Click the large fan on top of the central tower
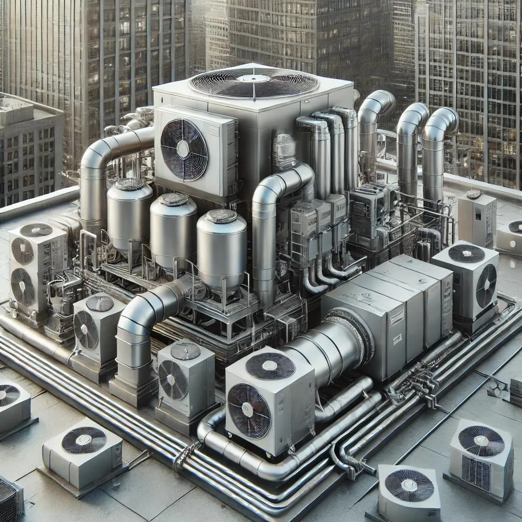point(253,83)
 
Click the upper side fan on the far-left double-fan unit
point(22,251)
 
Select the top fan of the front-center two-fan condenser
point(270,366)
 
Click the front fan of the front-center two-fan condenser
point(249,410)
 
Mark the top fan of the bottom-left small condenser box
point(84,440)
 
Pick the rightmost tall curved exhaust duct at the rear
point(437,153)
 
